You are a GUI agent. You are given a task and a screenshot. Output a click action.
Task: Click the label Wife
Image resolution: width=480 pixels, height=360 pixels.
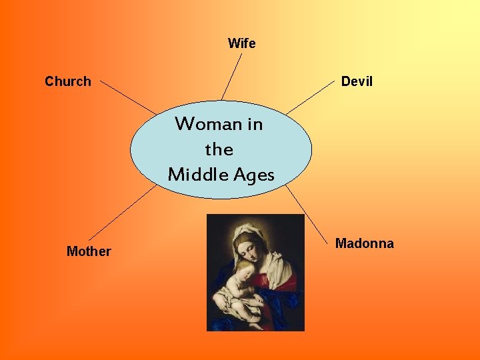241,43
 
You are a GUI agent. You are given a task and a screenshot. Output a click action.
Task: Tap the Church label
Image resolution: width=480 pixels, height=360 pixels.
67,81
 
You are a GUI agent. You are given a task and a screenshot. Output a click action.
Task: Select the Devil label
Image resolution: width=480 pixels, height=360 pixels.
357,81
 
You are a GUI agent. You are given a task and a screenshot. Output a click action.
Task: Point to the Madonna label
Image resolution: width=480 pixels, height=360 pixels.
364,243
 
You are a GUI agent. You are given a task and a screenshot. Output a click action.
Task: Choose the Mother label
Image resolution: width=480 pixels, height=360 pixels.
89,251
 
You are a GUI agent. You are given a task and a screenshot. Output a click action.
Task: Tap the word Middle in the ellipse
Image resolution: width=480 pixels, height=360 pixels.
196,175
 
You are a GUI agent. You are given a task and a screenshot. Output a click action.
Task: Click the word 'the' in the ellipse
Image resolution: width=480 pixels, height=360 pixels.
219,149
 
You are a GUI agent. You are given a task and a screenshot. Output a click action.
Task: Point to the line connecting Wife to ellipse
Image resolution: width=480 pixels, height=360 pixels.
232,76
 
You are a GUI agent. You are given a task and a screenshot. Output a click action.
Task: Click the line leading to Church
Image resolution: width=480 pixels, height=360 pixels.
128,97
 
